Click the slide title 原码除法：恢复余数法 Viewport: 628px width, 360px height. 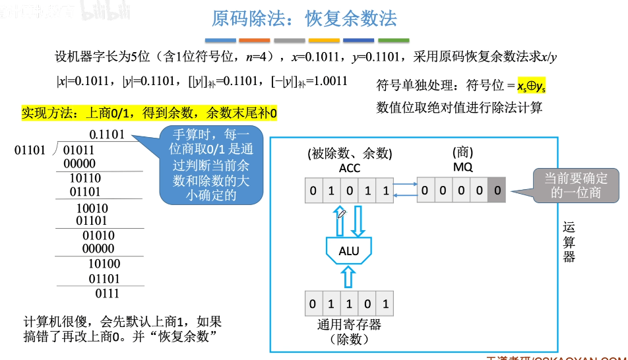click(x=304, y=18)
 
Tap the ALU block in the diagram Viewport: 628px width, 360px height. click(x=349, y=251)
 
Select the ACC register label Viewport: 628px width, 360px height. click(x=350, y=168)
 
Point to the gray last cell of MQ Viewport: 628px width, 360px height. click(x=498, y=192)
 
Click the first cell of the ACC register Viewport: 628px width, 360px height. click(x=313, y=192)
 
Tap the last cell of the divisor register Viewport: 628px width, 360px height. click(x=385, y=305)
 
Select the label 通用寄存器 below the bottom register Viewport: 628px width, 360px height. click(x=349, y=326)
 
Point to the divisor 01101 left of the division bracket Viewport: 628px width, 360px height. click(x=30, y=150)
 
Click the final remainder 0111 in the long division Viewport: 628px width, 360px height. click(x=107, y=293)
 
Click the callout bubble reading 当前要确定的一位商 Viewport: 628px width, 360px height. click(x=576, y=185)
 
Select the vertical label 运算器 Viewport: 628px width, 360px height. click(x=569, y=241)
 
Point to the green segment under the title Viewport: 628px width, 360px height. click(x=394, y=40)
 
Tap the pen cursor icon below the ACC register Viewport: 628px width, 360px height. click(x=341, y=214)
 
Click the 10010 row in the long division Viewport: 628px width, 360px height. click(x=92, y=208)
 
